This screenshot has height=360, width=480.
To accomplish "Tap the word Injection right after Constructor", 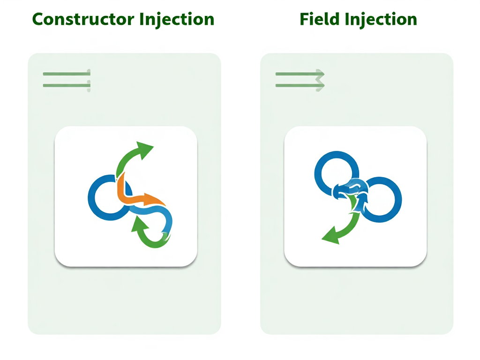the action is tap(177, 20).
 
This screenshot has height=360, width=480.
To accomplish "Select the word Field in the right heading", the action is tap(319, 20).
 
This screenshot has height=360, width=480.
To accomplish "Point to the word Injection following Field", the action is tap(381, 20).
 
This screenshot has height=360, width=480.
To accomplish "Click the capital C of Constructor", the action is tap(38, 20).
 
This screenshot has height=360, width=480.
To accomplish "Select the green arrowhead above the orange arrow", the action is tap(144, 150).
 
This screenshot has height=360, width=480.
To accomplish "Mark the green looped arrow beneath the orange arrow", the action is tap(148, 234).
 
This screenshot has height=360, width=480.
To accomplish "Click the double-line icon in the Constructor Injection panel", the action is tap(66, 79).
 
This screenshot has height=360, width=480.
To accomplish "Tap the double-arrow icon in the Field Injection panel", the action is tap(300, 79).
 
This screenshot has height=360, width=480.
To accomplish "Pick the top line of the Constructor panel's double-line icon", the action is tap(66, 74).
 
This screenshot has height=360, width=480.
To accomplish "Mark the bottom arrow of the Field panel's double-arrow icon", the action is tap(300, 85).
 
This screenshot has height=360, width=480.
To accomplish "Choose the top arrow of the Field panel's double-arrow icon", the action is tap(300, 74).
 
